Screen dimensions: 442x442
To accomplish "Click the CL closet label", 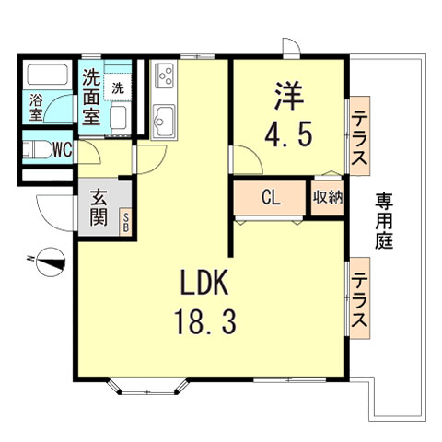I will (x=270, y=197).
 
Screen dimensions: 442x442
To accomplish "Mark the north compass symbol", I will (x=48, y=261).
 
